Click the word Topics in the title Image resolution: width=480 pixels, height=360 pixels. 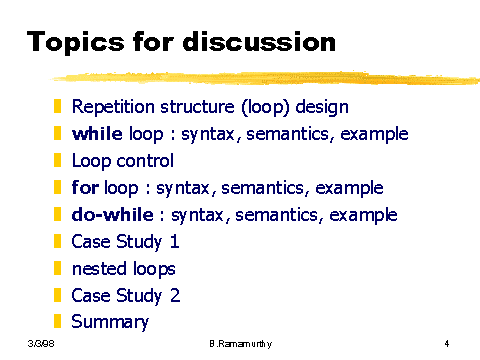pos(76,42)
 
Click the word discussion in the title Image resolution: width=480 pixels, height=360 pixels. pos(259,42)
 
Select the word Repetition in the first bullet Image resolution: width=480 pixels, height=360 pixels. pos(113,107)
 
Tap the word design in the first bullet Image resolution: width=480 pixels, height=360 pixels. pos(322,107)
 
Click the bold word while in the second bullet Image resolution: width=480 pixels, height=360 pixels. pos(97,134)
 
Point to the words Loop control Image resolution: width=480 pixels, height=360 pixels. pos(123,161)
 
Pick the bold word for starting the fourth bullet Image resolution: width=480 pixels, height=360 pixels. pos(85,187)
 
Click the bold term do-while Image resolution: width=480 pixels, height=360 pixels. pos(113,214)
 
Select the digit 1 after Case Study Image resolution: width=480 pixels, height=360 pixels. pos(175,241)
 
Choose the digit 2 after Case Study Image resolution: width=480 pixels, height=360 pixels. pos(175,295)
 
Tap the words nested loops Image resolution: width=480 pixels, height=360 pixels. pos(124,269)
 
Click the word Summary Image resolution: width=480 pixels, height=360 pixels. pos(110,322)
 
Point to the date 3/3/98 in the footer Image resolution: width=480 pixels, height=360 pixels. pos(41,343)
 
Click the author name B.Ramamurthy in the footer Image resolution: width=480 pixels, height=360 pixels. pos(241,344)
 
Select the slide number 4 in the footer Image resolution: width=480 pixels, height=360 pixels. pos(447,343)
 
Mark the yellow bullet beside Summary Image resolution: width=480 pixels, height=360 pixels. pos(58,321)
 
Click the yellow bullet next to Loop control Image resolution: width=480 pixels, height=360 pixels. pos(58,160)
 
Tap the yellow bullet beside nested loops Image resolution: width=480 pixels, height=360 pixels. pos(58,268)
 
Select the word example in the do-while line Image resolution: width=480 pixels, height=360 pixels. pos(363,215)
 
